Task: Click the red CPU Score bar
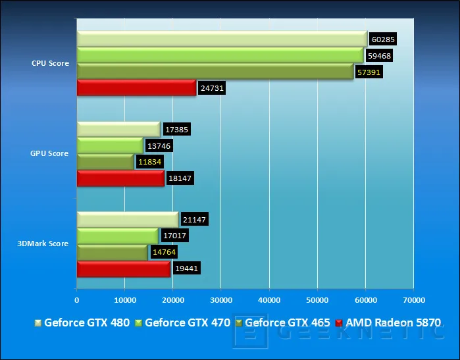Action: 136,88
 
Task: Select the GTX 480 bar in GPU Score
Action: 118,130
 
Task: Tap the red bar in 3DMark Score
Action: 124,269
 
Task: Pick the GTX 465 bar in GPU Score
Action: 105,162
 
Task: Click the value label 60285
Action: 383,39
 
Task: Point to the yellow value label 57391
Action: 369,72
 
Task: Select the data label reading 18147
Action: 180,178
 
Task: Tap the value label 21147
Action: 195,219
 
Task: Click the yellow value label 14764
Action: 165,252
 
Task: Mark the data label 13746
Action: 159,146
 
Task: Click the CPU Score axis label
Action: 50,63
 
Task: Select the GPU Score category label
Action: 49,153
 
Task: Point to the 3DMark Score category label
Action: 43,244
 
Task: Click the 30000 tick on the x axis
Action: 221,300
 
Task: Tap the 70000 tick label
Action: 414,300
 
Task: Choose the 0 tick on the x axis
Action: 76,300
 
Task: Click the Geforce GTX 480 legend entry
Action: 82,322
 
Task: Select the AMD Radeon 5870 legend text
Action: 393,322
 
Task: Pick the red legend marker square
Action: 339,323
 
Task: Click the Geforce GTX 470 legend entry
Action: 182,322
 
